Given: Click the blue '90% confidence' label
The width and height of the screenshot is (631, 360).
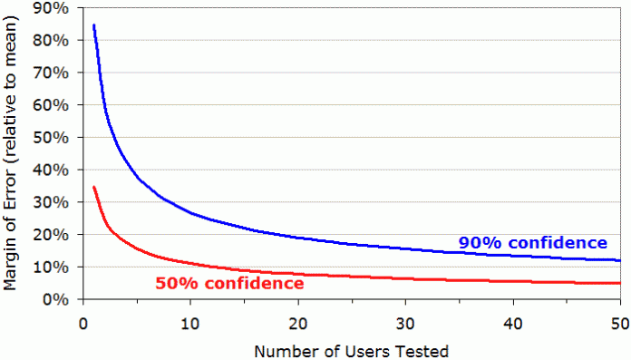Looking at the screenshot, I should (x=532, y=242).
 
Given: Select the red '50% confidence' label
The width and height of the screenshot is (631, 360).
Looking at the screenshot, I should (x=228, y=284).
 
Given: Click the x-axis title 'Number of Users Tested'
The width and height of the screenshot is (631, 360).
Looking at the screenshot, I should (x=352, y=349).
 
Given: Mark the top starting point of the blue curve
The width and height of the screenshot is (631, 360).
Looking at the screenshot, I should (x=93, y=25).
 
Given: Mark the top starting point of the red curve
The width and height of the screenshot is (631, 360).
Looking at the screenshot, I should (x=93, y=187).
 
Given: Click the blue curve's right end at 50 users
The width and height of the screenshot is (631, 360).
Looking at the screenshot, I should (x=620, y=260).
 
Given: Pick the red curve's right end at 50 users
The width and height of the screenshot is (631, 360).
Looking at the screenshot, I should (x=620, y=283).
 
